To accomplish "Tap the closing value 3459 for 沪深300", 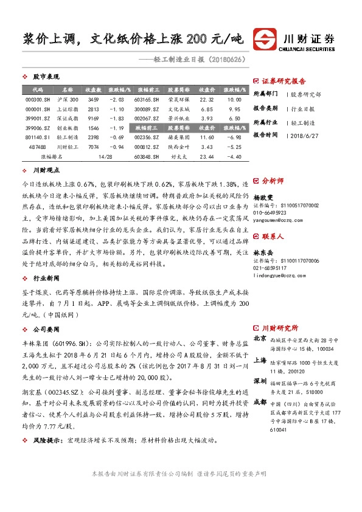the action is coord(93,99).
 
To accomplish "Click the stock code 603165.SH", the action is coord(147,99).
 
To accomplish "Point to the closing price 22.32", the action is coord(207,99).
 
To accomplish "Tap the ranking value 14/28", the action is coord(104,156).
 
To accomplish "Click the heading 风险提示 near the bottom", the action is coord(47,440).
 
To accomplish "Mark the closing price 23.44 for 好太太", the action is coord(207,156).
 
